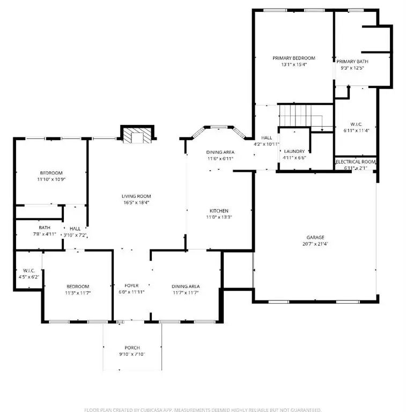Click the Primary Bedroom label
[x=293, y=58]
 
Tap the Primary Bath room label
[x=352, y=62]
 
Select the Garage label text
[x=315, y=237]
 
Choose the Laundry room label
[x=294, y=151]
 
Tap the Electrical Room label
[x=356, y=161]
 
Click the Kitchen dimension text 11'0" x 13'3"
[x=219, y=217]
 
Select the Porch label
[x=132, y=348]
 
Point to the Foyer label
[x=131, y=285]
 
